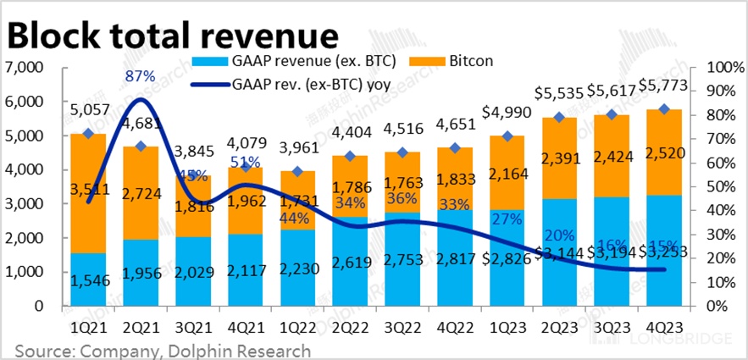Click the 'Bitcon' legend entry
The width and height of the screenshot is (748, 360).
click(468, 62)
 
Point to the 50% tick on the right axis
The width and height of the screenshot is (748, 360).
click(716, 186)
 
